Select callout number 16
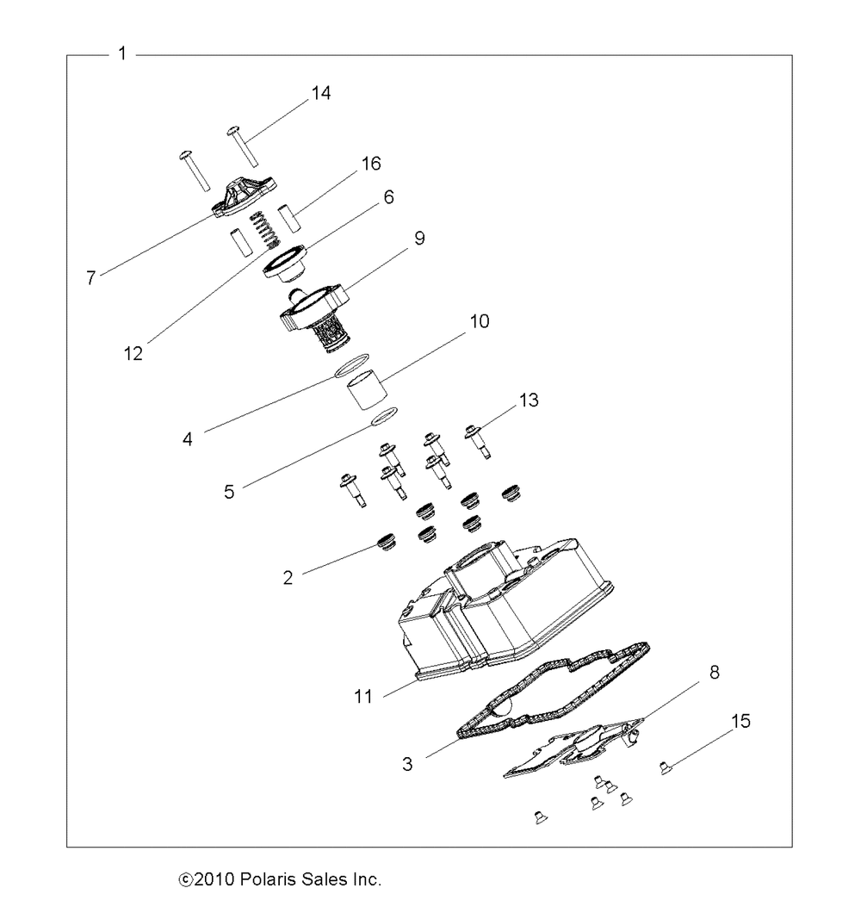(x=371, y=164)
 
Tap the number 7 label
(x=90, y=279)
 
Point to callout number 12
(x=133, y=352)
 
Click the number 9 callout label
(x=419, y=239)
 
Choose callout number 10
(x=479, y=322)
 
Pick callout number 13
(x=528, y=400)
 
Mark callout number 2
(x=288, y=576)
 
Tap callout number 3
(x=407, y=762)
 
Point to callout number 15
(x=740, y=721)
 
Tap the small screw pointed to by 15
(x=665, y=767)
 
